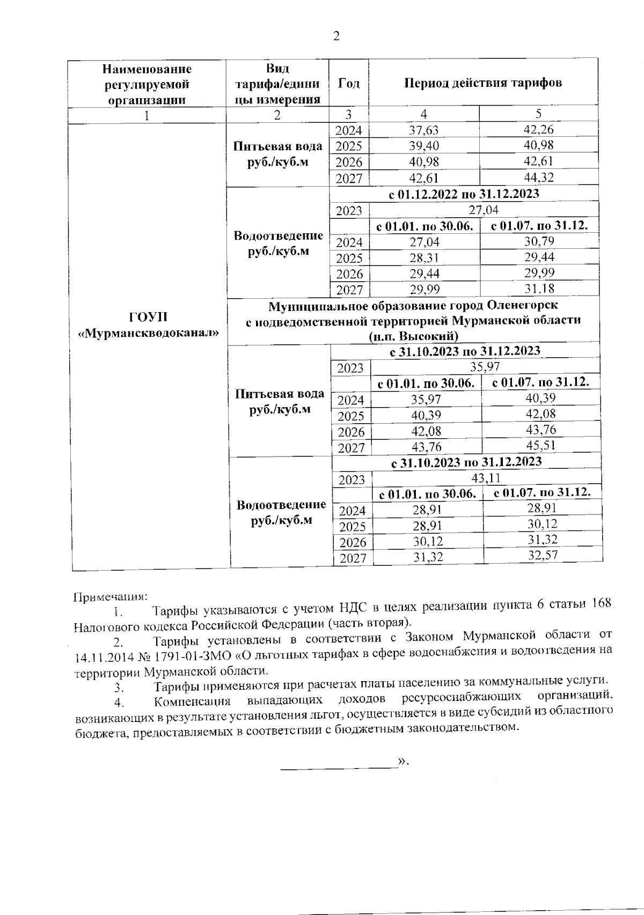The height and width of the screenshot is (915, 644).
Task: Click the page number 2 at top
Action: coord(336,36)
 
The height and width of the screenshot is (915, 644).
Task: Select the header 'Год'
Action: coord(349,83)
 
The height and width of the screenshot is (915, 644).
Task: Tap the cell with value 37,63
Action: coord(424,130)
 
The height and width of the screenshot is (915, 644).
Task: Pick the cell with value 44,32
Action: coord(538,177)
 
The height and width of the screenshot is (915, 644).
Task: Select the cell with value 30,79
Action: coord(539,241)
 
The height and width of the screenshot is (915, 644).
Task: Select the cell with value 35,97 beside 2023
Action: coord(485,367)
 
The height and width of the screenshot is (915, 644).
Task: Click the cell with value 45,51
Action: coord(540,445)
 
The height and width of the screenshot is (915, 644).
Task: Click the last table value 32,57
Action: coord(542,555)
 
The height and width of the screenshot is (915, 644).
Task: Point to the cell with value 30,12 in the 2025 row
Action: coord(542,524)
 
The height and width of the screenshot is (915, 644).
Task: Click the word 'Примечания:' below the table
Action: coord(109,596)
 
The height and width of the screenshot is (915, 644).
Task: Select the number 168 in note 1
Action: coord(601,604)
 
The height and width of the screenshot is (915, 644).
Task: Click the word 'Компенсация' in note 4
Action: coord(192,702)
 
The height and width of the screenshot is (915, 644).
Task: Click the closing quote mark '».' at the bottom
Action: coord(402,762)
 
